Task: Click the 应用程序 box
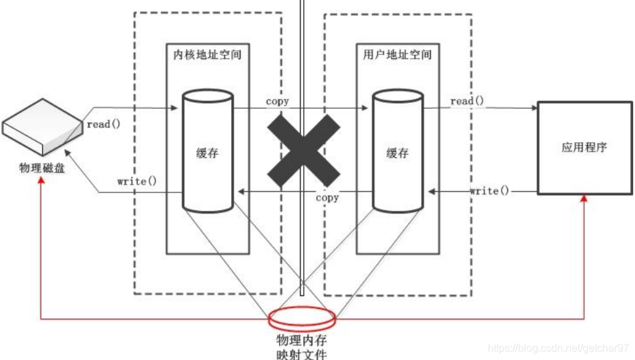(x=584, y=147)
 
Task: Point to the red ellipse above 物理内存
(x=302, y=317)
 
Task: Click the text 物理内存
(x=302, y=340)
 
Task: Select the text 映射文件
(x=302, y=355)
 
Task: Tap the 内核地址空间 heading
(x=208, y=54)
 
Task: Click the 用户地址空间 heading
(x=397, y=54)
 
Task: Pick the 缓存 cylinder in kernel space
(x=207, y=152)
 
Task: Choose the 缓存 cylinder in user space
(x=397, y=152)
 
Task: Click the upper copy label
(x=278, y=101)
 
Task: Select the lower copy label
(x=327, y=197)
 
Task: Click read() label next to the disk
(x=103, y=124)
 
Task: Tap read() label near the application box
(x=467, y=101)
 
